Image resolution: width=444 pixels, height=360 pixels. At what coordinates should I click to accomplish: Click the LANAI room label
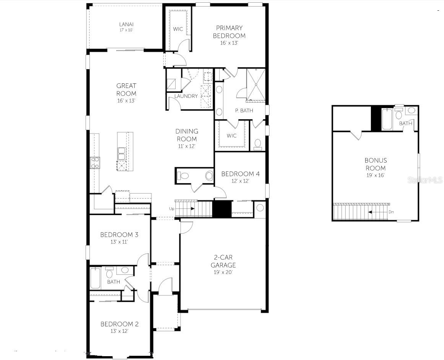pyautogui.click(x=126, y=24)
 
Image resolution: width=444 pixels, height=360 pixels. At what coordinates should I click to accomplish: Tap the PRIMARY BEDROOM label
pyautogui.click(x=229, y=32)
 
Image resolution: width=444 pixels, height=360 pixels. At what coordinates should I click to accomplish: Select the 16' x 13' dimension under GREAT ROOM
pyautogui.click(x=126, y=101)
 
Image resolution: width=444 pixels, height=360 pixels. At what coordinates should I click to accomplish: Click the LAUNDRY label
pyautogui.click(x=186, y=96)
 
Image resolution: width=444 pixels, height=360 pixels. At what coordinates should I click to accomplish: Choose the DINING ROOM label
pyautogui.click(x=187, y=135)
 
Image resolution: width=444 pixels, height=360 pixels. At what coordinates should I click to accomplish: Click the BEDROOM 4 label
pyautogui.click(x=240, y=174)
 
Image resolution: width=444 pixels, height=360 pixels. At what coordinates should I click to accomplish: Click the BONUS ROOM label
pyautogui.click(x=375, y=164)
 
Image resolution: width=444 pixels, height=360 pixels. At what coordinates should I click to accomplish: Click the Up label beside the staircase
pyautogui.click(x=172, y=209)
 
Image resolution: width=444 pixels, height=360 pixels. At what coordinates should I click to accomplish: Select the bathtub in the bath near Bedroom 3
pyautogui.click(x=95, y=278)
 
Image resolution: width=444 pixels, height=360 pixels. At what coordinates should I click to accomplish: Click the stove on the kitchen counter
pyautogui.click(x=95, y=163)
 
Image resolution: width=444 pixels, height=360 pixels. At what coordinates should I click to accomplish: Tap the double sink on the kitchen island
pyautogui.click(x=122, y=153)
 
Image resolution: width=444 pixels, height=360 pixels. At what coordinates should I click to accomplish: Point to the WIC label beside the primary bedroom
pyautogui.click(x=178, y=29)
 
